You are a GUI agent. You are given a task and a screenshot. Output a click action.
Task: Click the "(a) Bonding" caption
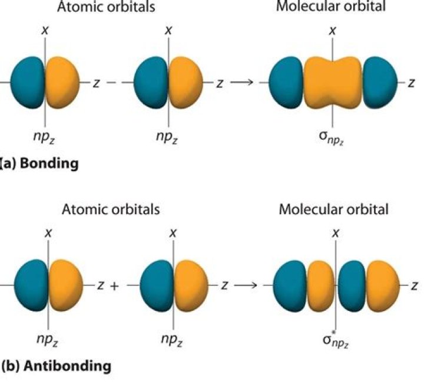(x=39, y=163)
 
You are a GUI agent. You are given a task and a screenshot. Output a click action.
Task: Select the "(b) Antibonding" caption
(x=56, y=366)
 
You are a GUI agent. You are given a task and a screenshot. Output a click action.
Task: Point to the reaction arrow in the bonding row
(x=241, y=83)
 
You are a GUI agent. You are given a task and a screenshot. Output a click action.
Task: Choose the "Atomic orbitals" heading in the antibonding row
(x=110, y=209)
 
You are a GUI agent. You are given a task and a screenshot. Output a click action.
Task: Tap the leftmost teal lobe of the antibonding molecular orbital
(x=290, y=286)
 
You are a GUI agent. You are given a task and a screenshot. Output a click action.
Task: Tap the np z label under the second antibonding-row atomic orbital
(x=172, y=340)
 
